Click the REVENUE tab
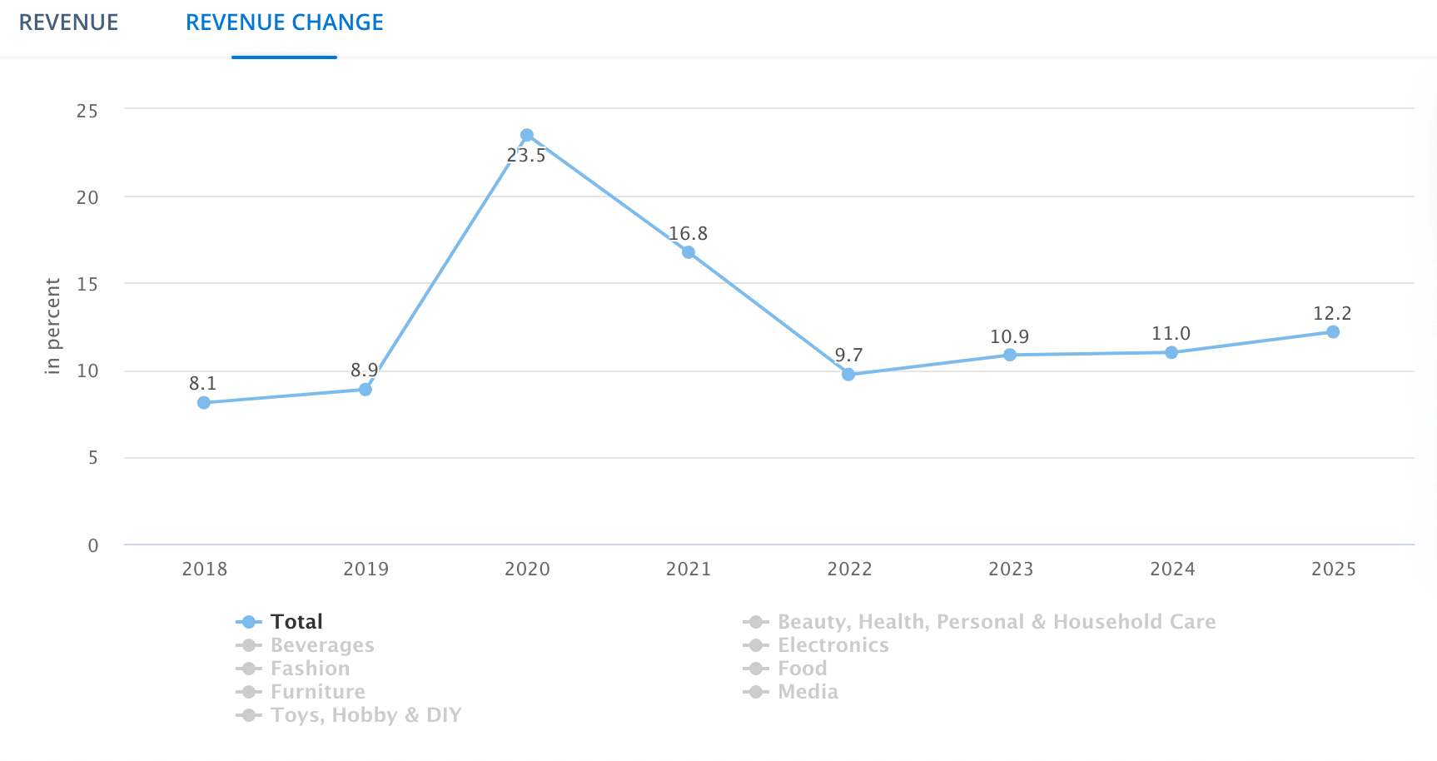(x=68, y=22)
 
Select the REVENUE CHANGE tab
(x=284, y=22)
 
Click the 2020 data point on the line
(x=527, y=135)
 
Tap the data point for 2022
(x=848, y=375)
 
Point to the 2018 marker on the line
(x=204, y=403)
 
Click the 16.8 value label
(x=688, y=234)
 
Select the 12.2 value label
(x=1332, y=314)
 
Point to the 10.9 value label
(x=1009, y=337)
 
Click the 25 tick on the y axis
(x=87, y=111)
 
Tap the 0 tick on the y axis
(x=93, y=545)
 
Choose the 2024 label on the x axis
(x=1172, y=570)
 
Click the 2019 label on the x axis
(x=366, y=570)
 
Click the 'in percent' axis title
(x=53, y=326)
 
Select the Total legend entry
(x=296, y=622)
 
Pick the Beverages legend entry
(x=321, y=645)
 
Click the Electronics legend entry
(x=833, y=645)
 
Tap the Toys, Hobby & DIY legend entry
(x=365, y=715)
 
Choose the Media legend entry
(x=807, y=692)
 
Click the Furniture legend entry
(x=317, y=692)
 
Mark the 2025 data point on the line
(x=1333, y=332)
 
